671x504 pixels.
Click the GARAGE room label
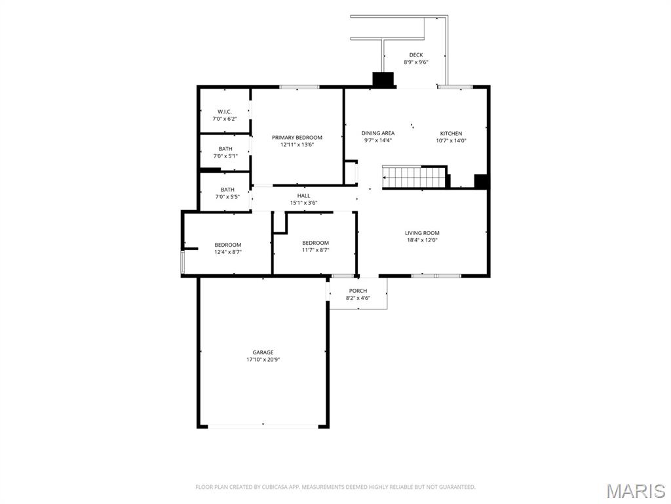263,352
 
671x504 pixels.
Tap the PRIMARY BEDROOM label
297,138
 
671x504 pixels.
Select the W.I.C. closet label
225,112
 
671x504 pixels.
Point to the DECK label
416,55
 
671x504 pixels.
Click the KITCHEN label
451,133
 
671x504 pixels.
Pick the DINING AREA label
378,133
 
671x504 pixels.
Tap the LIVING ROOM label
423,233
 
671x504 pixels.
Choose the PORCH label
358,291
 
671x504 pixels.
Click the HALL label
304,196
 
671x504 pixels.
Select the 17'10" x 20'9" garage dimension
263,360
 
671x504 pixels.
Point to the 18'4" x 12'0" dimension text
423,240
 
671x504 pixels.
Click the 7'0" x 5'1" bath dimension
225,156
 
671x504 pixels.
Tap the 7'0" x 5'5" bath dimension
227,197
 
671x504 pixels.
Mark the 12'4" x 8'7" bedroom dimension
228,252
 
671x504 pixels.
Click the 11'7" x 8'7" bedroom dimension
316,250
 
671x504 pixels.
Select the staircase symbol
415,177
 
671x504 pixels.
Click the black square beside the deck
383,80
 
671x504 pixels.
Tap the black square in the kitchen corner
481,181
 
